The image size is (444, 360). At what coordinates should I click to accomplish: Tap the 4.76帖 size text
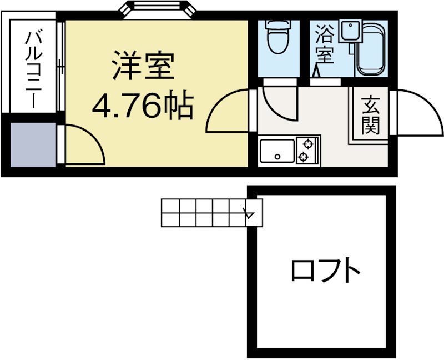point(143,106)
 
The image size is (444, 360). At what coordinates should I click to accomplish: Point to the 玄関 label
point(371,116)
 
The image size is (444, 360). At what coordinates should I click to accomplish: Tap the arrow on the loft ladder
point(250,212)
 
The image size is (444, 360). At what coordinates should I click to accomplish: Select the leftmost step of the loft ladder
point(170,212)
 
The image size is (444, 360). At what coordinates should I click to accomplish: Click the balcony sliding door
point(59,67)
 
